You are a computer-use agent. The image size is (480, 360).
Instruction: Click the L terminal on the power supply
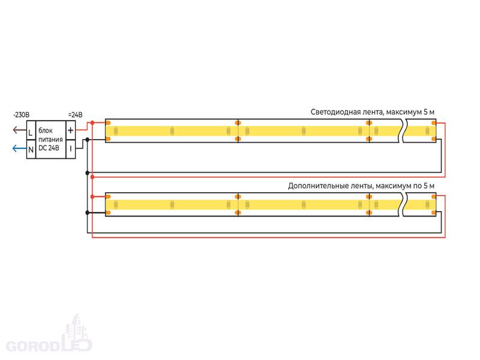pos(30,131)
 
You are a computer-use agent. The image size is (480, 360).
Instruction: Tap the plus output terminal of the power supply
pos(70,130)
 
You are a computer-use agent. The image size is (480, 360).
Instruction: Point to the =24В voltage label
pos(75,114)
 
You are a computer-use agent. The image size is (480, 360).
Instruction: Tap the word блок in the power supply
pos(46,131)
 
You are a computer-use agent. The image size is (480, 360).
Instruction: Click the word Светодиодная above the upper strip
pos(335,112)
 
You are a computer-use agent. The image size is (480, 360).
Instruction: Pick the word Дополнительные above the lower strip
pos(316,186)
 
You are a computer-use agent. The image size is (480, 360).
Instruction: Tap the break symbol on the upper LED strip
pos(403,131)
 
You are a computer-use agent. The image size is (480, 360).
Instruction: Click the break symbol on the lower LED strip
pos(403,205)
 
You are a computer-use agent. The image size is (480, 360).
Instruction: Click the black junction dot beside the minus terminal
pos(88,140)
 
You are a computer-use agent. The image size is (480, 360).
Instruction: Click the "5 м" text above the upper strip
pos(428,112)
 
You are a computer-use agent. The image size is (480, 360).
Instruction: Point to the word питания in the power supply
pos(50,140)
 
